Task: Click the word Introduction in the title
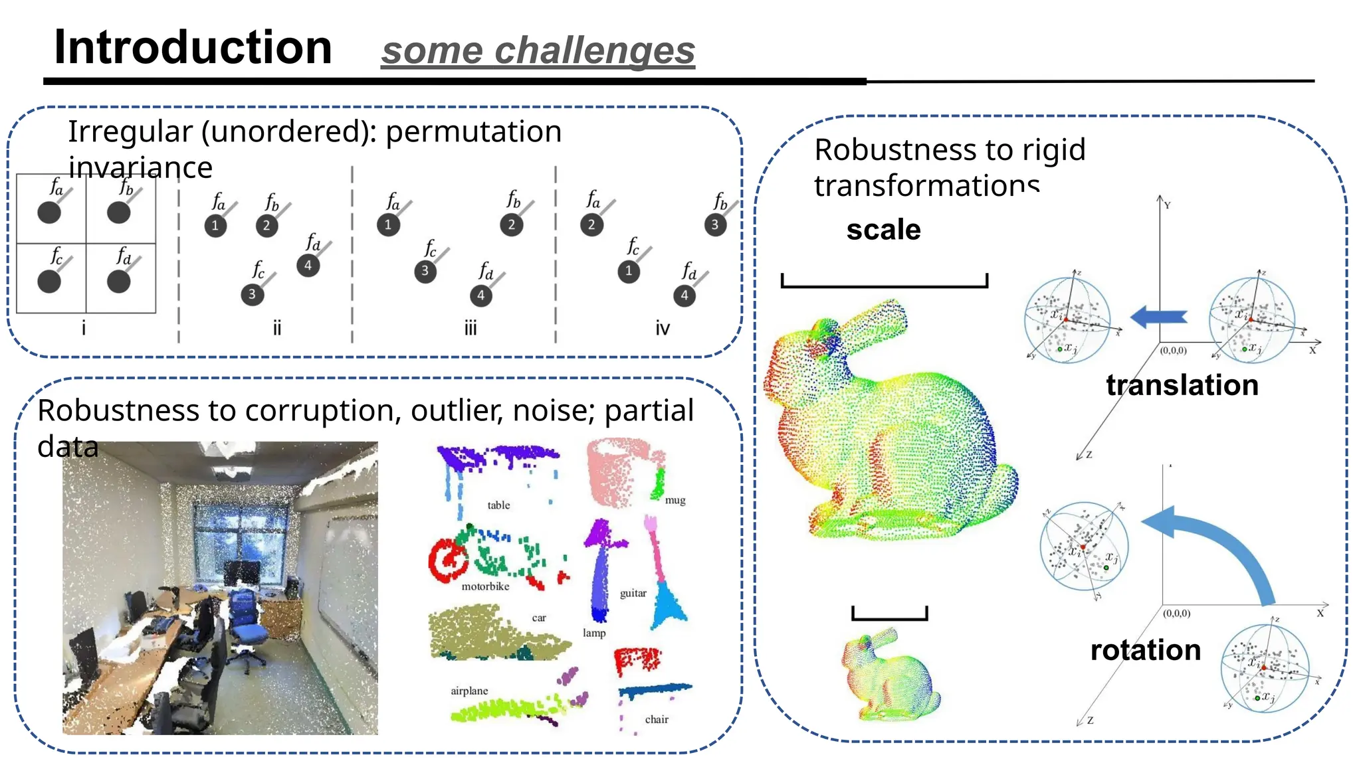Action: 193,48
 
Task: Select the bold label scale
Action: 883,230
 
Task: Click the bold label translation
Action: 1182,385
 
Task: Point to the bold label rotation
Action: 1145,650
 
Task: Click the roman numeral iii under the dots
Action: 471,328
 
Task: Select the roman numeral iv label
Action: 663,328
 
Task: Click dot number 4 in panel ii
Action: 308,266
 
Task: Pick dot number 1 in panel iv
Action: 628,271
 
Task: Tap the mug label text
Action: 675,501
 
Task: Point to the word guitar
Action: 633,593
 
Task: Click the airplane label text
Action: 469,691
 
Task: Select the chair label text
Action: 657,719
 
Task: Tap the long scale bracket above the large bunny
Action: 884,286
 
